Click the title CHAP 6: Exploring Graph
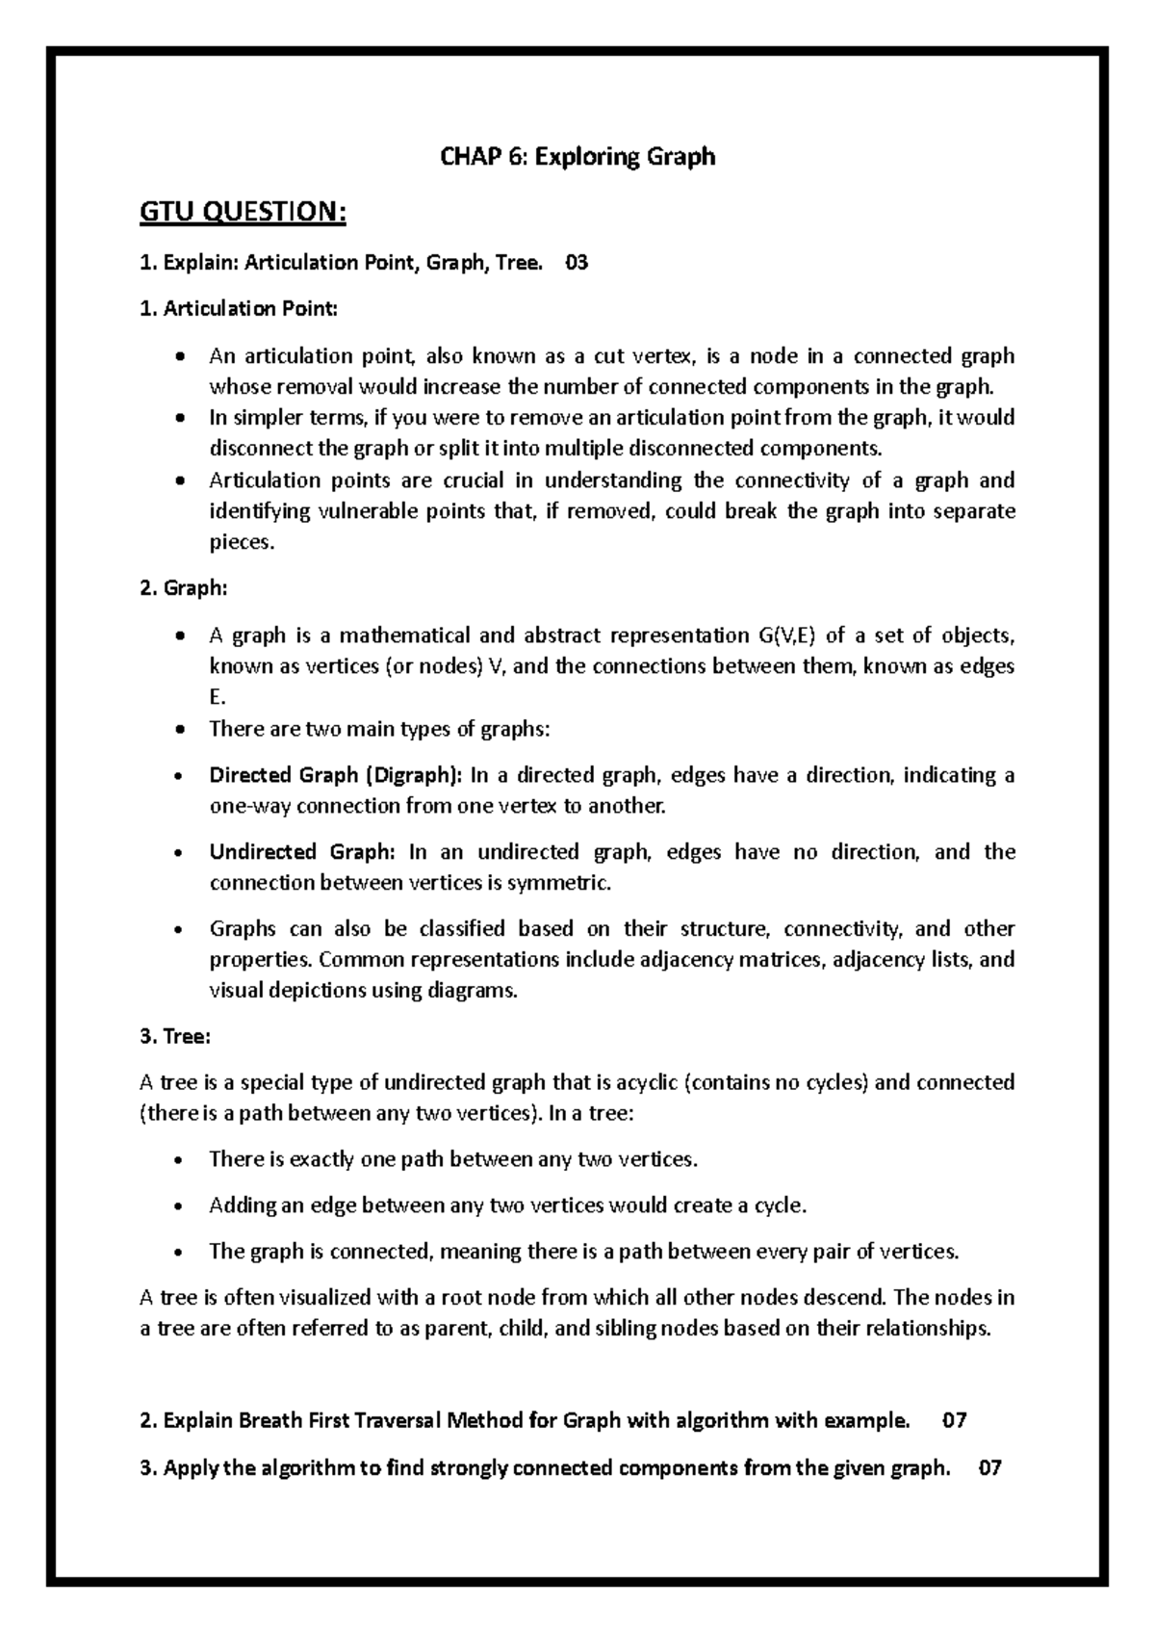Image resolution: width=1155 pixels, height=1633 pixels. (x=577, y=156)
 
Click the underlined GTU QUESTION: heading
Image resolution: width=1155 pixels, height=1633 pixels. (x=243, y=212)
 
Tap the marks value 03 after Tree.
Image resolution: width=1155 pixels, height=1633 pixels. (x=577, y=262)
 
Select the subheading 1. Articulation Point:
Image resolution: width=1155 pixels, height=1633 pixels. (x=239, y=309)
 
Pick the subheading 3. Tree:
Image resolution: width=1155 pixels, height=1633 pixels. (x=175, y=1037)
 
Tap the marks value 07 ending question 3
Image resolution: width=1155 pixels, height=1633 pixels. (x=989, y=1468)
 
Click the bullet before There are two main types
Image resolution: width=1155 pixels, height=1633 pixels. (x=180, y=730)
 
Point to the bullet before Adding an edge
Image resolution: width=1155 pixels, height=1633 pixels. (x=180, y=1206)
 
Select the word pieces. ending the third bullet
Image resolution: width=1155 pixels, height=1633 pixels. (x=242, y=543)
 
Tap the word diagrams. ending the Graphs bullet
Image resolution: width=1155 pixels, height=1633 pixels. (x=473, y=991)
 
